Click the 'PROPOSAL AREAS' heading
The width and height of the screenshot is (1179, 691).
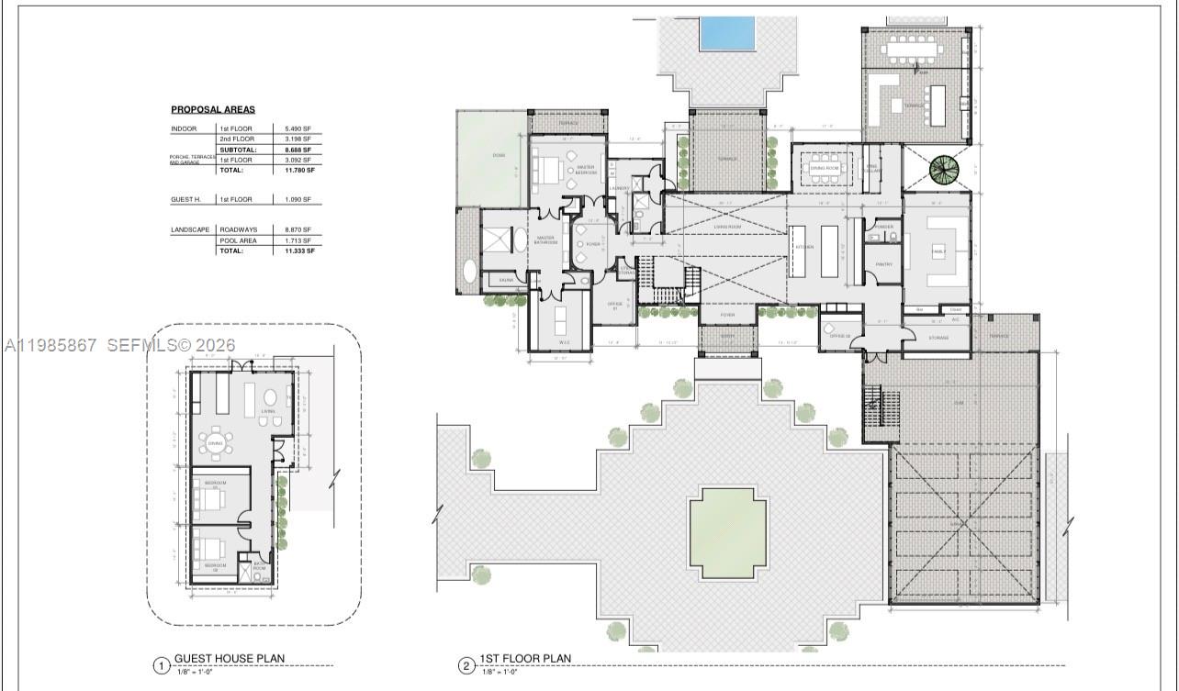(x=213, y=109)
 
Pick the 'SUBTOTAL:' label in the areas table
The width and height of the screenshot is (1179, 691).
(x=237, y=150)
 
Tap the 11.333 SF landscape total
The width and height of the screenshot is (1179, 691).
(x=299, y=250)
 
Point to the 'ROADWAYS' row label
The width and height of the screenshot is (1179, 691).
(x=238, y=229)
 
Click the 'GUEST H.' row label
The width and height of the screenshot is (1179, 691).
(x=185, y=199)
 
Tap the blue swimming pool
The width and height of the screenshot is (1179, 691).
(x=726, y=33)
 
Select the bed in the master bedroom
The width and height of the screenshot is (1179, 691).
(x=549, y=170)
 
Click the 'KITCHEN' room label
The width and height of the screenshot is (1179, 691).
(x=803, y=248)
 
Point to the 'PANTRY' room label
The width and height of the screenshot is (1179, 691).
(x=883, y=264)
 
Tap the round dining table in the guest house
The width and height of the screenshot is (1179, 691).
(x=216, y=443)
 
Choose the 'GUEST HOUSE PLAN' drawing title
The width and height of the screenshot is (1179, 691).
(x=230, y=658)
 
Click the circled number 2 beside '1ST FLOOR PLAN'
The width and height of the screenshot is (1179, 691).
(x=466, y=664)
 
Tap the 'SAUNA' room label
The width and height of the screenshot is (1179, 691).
(x=506, y=279)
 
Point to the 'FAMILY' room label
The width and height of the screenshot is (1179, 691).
(x=938, y=250)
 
